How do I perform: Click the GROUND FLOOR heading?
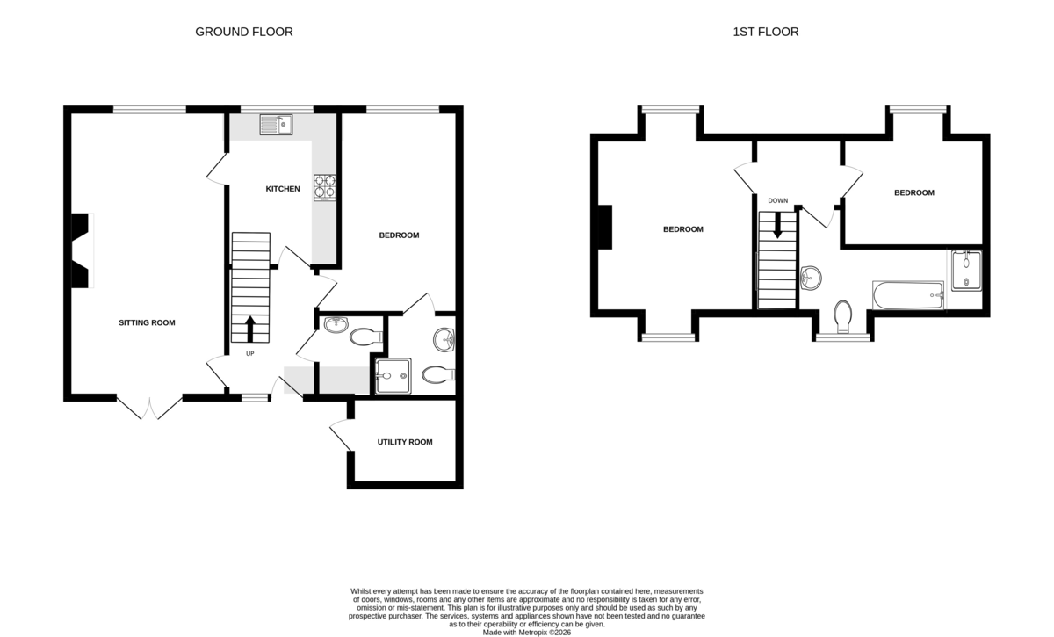(243, 32)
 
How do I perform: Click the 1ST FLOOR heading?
(765, 32)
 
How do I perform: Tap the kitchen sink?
(276, 126)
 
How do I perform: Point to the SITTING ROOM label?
(147, 322)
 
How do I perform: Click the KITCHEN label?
(283, 189)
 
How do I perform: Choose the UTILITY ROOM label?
(404, 442)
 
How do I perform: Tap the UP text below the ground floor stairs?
(249, 354)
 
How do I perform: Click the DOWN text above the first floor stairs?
(777, 200)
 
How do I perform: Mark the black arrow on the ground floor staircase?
(249, 329)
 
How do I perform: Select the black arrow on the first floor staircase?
(777, 227)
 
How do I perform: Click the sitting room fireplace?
(81, 250)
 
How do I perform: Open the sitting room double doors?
(149, 409)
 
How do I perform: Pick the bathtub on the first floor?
(907, 295)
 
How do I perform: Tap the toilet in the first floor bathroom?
(843, 316)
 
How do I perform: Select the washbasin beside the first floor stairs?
(812, 278)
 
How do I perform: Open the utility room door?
(340, 436)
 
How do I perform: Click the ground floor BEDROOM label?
(399, 235)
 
